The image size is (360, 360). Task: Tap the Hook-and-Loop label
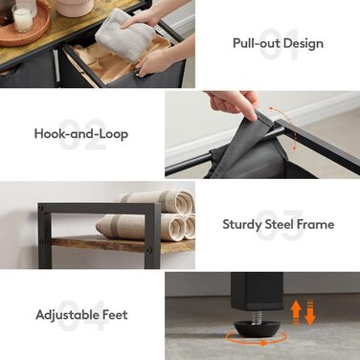coord(81,133)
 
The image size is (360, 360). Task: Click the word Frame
coord(315,224)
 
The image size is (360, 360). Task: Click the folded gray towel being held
coord(125,35)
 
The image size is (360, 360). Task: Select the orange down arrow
coord(310,313)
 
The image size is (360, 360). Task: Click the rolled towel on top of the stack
coord(155,201)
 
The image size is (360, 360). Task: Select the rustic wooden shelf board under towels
coord(123,245)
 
